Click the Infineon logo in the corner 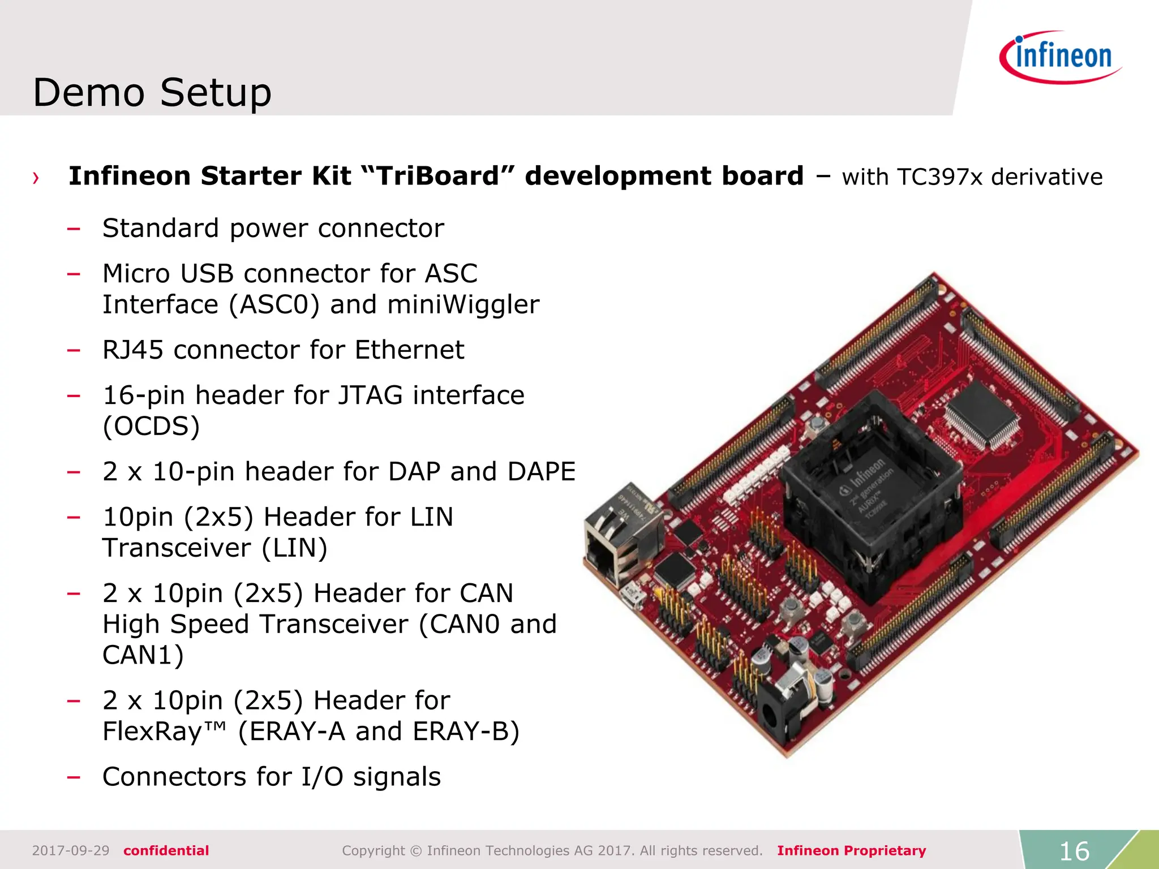point(1061,57)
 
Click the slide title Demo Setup point(152,92)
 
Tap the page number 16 point(1074,851)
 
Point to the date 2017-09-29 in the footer point(71,851)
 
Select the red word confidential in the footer point(166,851)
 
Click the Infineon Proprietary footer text point(851,851)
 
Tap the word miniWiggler point(463,305)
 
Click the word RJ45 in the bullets point(135,350)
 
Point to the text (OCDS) point(151,427)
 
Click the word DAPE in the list point(541,472)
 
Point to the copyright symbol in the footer point(416,851)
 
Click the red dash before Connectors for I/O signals point(74,777)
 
